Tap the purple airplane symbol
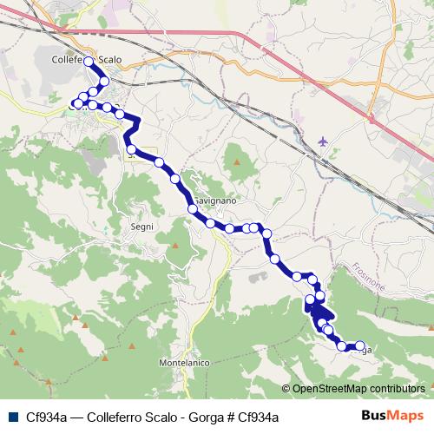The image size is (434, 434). coord(324,140)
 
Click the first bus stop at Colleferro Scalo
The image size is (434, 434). coord(89,62)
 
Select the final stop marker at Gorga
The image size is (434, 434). coord(360,346)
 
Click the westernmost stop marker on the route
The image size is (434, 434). coord(73,105)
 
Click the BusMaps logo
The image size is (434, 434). coord(393,416)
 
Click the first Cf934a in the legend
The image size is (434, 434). coord(42,417)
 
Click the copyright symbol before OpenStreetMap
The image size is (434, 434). coord(286,389)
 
